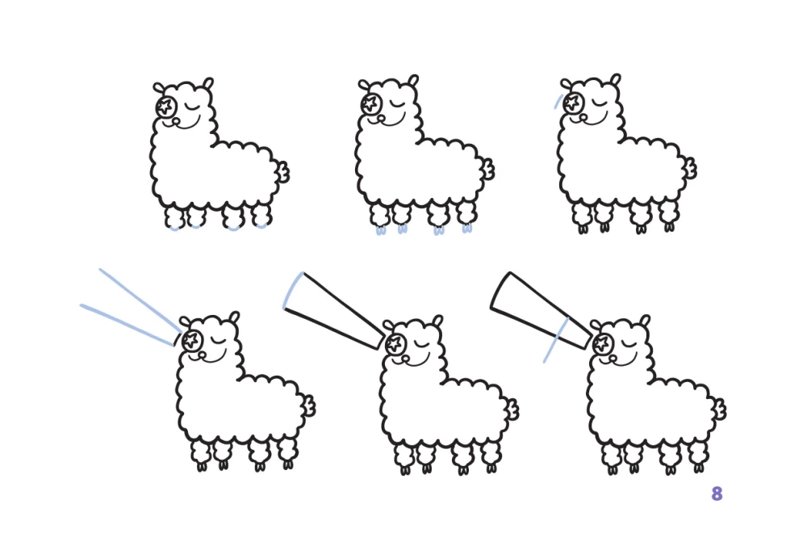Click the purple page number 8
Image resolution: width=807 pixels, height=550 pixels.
pos(717,493)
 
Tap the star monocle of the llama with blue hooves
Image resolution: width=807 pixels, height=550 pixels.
pos(370,103)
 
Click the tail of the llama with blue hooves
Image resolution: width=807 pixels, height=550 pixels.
pos(487,169)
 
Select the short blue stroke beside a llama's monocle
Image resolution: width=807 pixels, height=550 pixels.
pos(558,101)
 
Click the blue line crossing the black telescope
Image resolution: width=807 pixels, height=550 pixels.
pos(556,340)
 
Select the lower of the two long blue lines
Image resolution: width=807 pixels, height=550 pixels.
pos(128,325)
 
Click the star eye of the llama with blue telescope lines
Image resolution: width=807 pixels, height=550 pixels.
pos(191,340)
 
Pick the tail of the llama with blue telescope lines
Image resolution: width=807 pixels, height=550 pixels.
pos(308,406)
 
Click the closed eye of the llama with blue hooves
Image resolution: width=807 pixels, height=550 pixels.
pos(397,104)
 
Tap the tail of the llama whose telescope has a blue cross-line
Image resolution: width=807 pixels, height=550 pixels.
pos(719,409)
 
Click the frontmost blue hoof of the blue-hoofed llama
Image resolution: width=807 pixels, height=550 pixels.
pos(381,231)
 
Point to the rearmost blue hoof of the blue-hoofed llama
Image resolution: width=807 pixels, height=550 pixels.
pos(466,229)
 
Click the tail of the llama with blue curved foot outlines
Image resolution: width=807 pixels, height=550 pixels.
pos(282,172)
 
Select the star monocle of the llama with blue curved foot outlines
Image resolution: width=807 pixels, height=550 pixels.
pos(165,107)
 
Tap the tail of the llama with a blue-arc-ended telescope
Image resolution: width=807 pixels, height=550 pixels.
pos(512,410)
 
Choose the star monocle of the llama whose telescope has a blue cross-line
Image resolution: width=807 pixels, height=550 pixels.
pos(602,343)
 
